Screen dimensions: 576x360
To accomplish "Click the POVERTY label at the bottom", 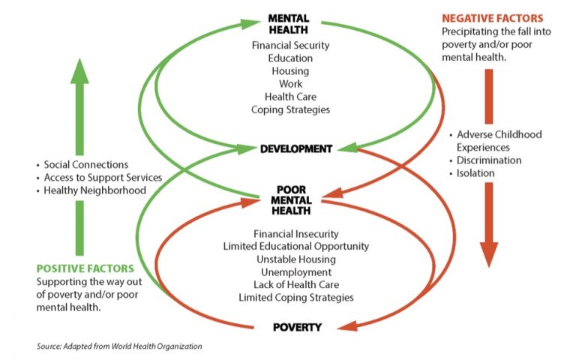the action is (297, 327).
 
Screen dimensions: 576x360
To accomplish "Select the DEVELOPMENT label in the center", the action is (296, 148).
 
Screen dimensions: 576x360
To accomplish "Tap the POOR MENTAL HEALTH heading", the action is (291, 200).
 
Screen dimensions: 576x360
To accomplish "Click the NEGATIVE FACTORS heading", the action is (492, 18).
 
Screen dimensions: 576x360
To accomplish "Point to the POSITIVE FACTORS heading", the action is (85, 268).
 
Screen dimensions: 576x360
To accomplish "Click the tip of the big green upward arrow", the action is (79, 58).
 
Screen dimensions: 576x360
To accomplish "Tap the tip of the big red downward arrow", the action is (489, 267).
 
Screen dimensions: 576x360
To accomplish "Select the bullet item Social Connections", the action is (86, 164).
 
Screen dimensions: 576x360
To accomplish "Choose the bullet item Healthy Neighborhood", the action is (94, 190).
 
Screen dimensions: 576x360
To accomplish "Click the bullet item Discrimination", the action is (489, 160).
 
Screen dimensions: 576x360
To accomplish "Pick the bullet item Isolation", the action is (475, 173).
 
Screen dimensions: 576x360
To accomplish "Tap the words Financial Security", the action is (290, 46).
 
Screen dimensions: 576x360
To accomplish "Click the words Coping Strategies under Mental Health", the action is (290, 109).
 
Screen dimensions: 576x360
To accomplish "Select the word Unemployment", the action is (296, 272).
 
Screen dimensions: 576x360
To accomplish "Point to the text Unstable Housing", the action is (296, 259).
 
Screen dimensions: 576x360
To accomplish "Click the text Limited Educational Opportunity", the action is (296, 246).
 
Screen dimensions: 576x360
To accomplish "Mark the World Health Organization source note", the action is (119, 346).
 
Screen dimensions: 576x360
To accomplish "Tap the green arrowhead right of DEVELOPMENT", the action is (347, 148).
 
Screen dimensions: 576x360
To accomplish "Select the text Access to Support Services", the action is (103, 178).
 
